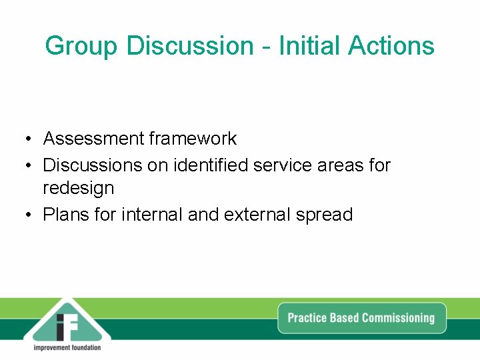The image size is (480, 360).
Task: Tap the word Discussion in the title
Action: (x=190, y=46)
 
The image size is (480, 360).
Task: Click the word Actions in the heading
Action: (x=391, y=46)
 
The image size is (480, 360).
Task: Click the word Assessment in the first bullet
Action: (x=94, y=139)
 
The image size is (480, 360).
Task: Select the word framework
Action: (x=193, y=139)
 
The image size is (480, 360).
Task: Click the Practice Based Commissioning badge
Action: (x=361, y=318)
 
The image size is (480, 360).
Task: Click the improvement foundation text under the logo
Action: (x=67, y=348)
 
